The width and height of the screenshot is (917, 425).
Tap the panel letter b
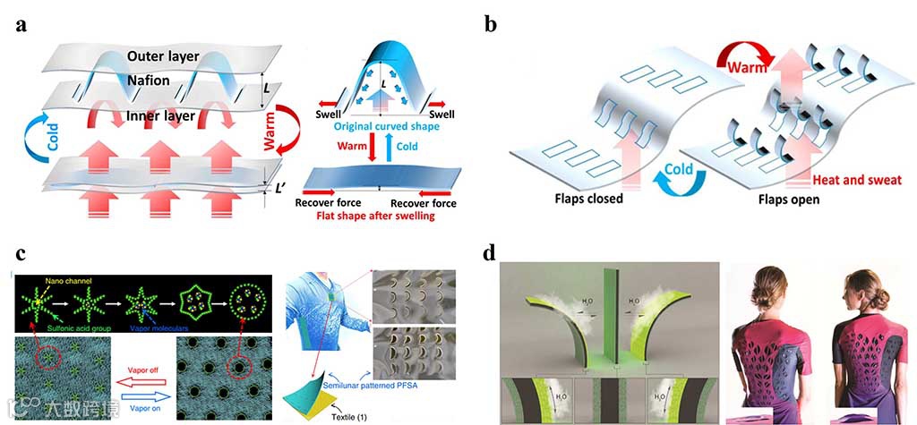tap(490, 24)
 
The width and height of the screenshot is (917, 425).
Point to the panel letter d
tap(490, 253)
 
